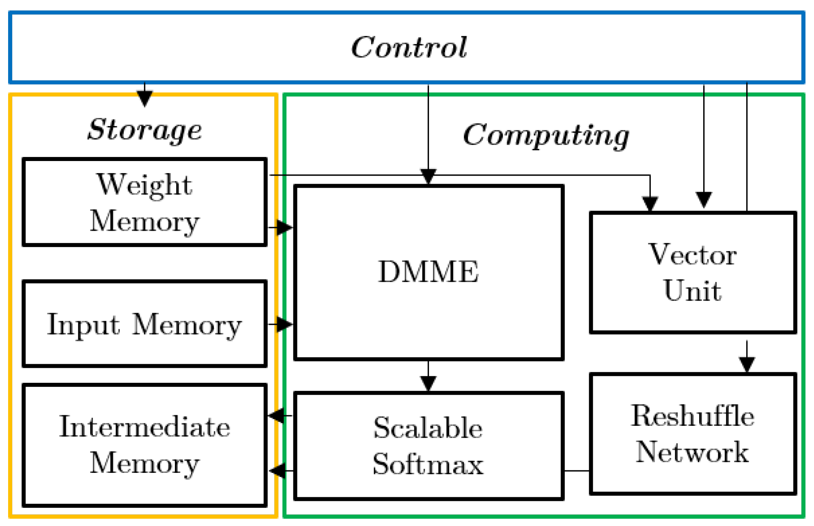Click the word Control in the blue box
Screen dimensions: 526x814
409,47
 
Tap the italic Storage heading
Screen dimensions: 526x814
144,130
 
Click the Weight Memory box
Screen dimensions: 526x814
144,202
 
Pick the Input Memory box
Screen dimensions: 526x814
144,324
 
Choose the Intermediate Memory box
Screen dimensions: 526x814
144,445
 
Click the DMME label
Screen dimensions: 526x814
428,271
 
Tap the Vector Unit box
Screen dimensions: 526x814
693,273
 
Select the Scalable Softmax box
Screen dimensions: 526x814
428,446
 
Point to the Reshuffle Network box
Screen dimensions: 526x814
693,434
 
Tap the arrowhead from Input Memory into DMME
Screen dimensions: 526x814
284,324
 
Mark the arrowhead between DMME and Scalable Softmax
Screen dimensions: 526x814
428,383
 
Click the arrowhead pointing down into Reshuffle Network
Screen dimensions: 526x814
747,364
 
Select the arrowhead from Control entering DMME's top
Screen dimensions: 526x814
428,176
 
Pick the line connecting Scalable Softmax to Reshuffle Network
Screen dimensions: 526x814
577,471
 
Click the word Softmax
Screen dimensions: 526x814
428,464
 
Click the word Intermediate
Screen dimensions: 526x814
144,427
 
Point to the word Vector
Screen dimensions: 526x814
693,255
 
